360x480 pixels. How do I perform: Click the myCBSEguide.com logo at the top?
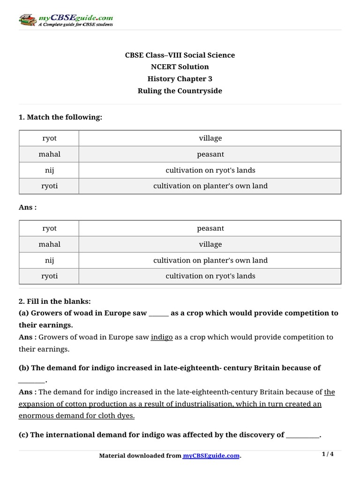tap(66, 21)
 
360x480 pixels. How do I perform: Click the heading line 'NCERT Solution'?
tap(180, 67)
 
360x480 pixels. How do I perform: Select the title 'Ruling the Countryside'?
tap(180, 91)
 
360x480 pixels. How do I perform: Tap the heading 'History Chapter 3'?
tap(180, 79)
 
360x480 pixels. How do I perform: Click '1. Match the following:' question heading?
tap(60, 117)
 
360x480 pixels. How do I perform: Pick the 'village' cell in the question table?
tap(210, 138)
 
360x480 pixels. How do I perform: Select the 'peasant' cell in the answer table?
tap(210, 229)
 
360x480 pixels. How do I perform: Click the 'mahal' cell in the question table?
tap(49, 154)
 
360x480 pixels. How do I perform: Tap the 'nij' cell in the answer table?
tap(49, 260)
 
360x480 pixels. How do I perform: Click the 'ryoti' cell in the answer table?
tap(49, 276)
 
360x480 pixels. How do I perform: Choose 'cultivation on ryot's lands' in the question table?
tap(210, 170)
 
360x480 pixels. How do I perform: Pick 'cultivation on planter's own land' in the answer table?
tap(210, 260)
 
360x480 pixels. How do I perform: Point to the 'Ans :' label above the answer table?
tap(28, 207)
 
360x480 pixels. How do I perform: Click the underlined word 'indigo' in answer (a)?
tap(162, 337)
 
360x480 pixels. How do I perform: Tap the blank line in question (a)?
tap(158, 313)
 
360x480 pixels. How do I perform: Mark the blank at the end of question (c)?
tap(302, 435)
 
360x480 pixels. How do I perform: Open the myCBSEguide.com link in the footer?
tap(211, 456)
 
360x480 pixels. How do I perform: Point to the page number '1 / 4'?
tap(328, 454)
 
